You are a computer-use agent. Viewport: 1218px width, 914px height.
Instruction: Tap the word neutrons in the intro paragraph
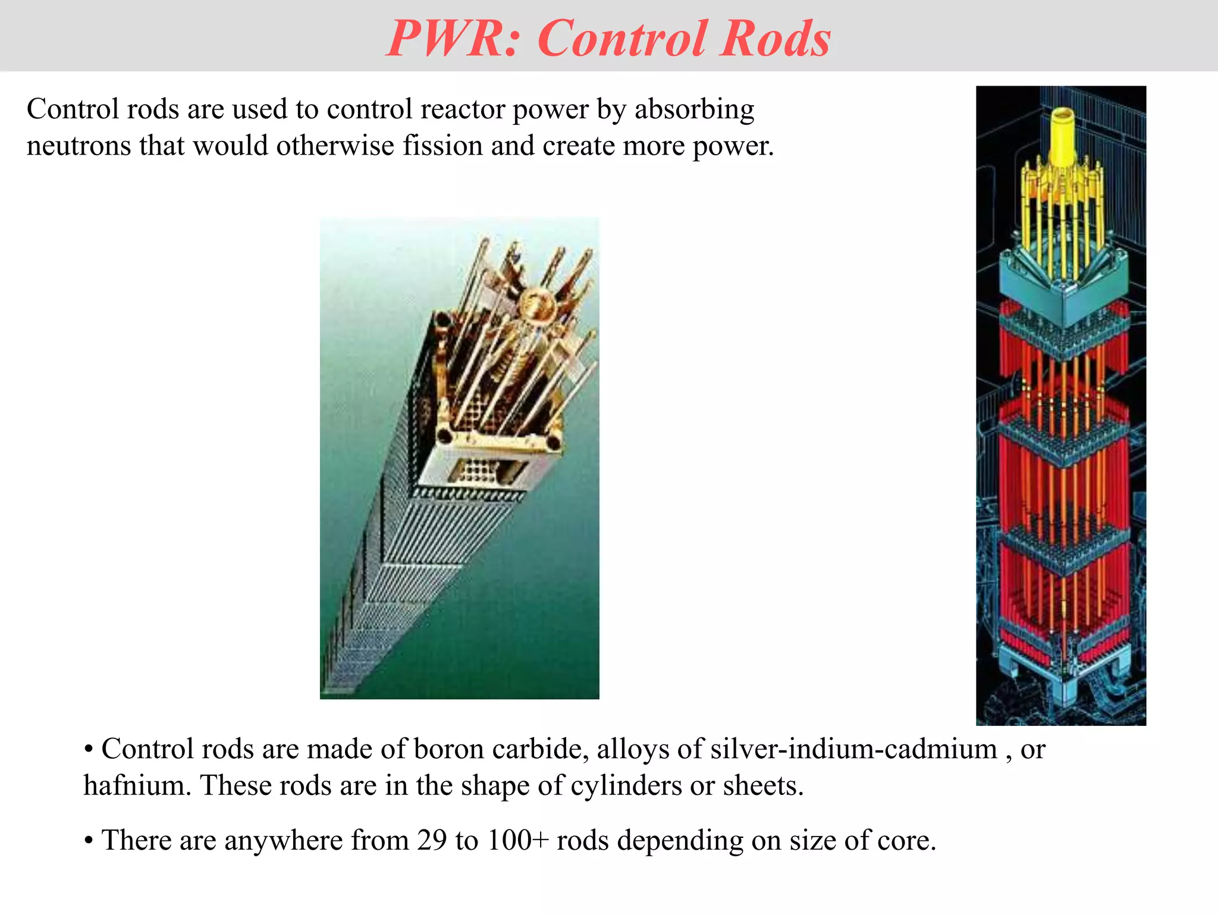tap(79, 146)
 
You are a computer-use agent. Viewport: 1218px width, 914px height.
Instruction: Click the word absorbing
tap(694, 109)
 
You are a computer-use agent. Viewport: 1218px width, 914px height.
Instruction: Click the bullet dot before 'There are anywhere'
tap(89, 841)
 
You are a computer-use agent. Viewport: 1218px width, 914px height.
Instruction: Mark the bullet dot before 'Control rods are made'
tap(89, 750)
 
